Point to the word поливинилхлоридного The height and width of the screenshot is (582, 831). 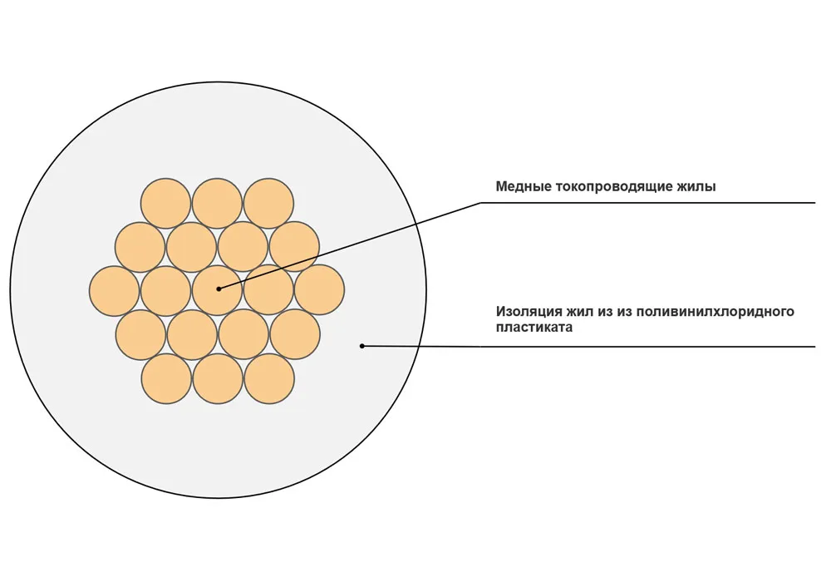[715, 311]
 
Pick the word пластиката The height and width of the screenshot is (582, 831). [534, 328]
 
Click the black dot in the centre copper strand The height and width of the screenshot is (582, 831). [219, 289]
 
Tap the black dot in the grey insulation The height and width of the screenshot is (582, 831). [362, 346]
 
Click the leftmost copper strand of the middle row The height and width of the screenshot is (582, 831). [115, 291]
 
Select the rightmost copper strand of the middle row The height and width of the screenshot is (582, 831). [320, 290]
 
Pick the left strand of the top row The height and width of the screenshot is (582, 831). [166, 204]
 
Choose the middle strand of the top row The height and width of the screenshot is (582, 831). [217, 204]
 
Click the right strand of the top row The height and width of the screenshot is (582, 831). [268, 204]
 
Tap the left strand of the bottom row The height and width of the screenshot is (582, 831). [167, 379]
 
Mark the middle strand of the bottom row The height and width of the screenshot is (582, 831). [218, 379]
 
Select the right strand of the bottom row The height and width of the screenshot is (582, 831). [269, 379]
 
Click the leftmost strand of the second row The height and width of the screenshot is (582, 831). [140, 248]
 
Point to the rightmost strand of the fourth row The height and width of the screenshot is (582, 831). [295, 334]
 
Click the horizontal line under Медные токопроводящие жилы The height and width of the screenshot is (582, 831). [647, 203]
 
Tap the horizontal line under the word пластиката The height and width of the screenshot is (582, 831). [647, 347]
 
